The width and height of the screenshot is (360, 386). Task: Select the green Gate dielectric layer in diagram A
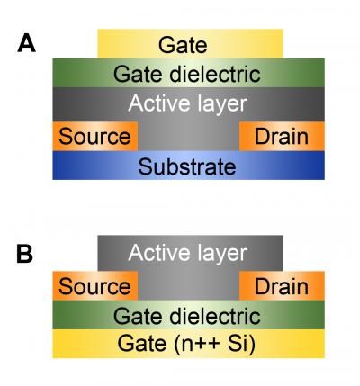[x=189, y=74]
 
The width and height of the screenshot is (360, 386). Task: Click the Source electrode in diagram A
[x=94, y=137]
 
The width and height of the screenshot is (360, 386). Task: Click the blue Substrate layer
[x=189, y=166]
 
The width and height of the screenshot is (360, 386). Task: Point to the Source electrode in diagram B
[x=94, y=287]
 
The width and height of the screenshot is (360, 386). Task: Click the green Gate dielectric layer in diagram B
[x=189, y=316]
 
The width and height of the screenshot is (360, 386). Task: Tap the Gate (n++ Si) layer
[x=189, y=344]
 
